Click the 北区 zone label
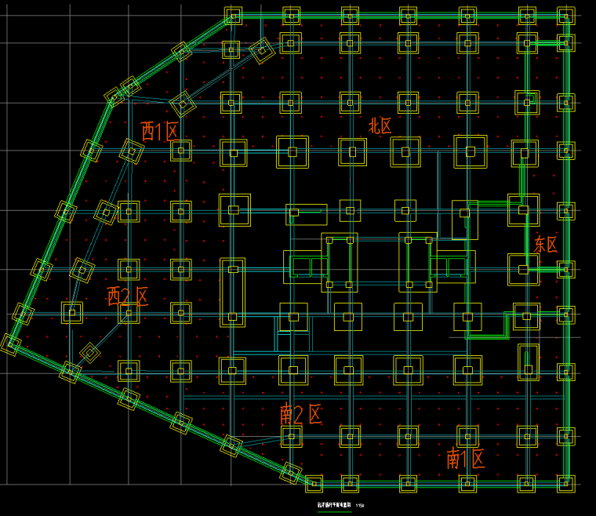pos(380,125)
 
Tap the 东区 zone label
pos(546,244)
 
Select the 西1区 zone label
pos(160,131)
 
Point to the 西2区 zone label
pos(128,296)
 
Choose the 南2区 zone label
pos(301,414)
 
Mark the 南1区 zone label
pos(466,459)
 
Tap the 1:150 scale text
pos(360,505)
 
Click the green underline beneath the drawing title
pos(333,511)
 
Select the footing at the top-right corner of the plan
pos(565,16)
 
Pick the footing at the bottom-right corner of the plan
pos(565,481)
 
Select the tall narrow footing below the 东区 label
pos(528,358)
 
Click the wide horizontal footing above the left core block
pos(306,212)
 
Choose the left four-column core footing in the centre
pos(340,262)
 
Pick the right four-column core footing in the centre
pos(417,262)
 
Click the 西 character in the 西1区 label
pos(149,131)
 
